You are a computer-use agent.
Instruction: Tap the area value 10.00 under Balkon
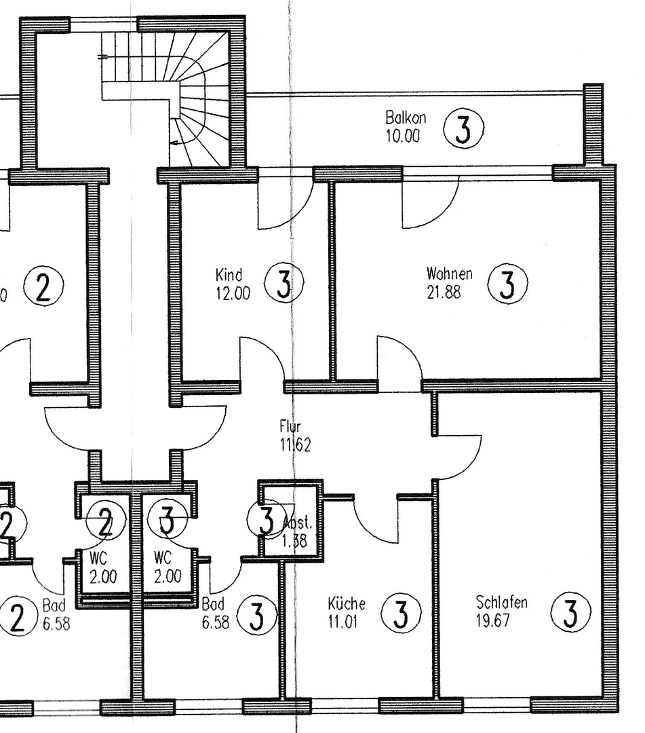click(x=403, y=135)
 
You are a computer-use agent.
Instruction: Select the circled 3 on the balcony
click(x=464, y=130)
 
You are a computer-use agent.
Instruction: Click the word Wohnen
click(x=449, y=274)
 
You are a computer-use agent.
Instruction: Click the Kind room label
click(x=229, y=276)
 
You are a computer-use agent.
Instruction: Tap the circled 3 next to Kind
click(x=284, y=284)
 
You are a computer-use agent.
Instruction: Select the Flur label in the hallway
click(x=289, y=427)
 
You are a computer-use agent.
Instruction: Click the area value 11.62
click(x=295, y=445)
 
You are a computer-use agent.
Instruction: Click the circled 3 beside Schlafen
click(x=570, y=612)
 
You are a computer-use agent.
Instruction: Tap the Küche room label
click(x=347, y=603)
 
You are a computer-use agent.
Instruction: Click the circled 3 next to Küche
click(x=402, y=613)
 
